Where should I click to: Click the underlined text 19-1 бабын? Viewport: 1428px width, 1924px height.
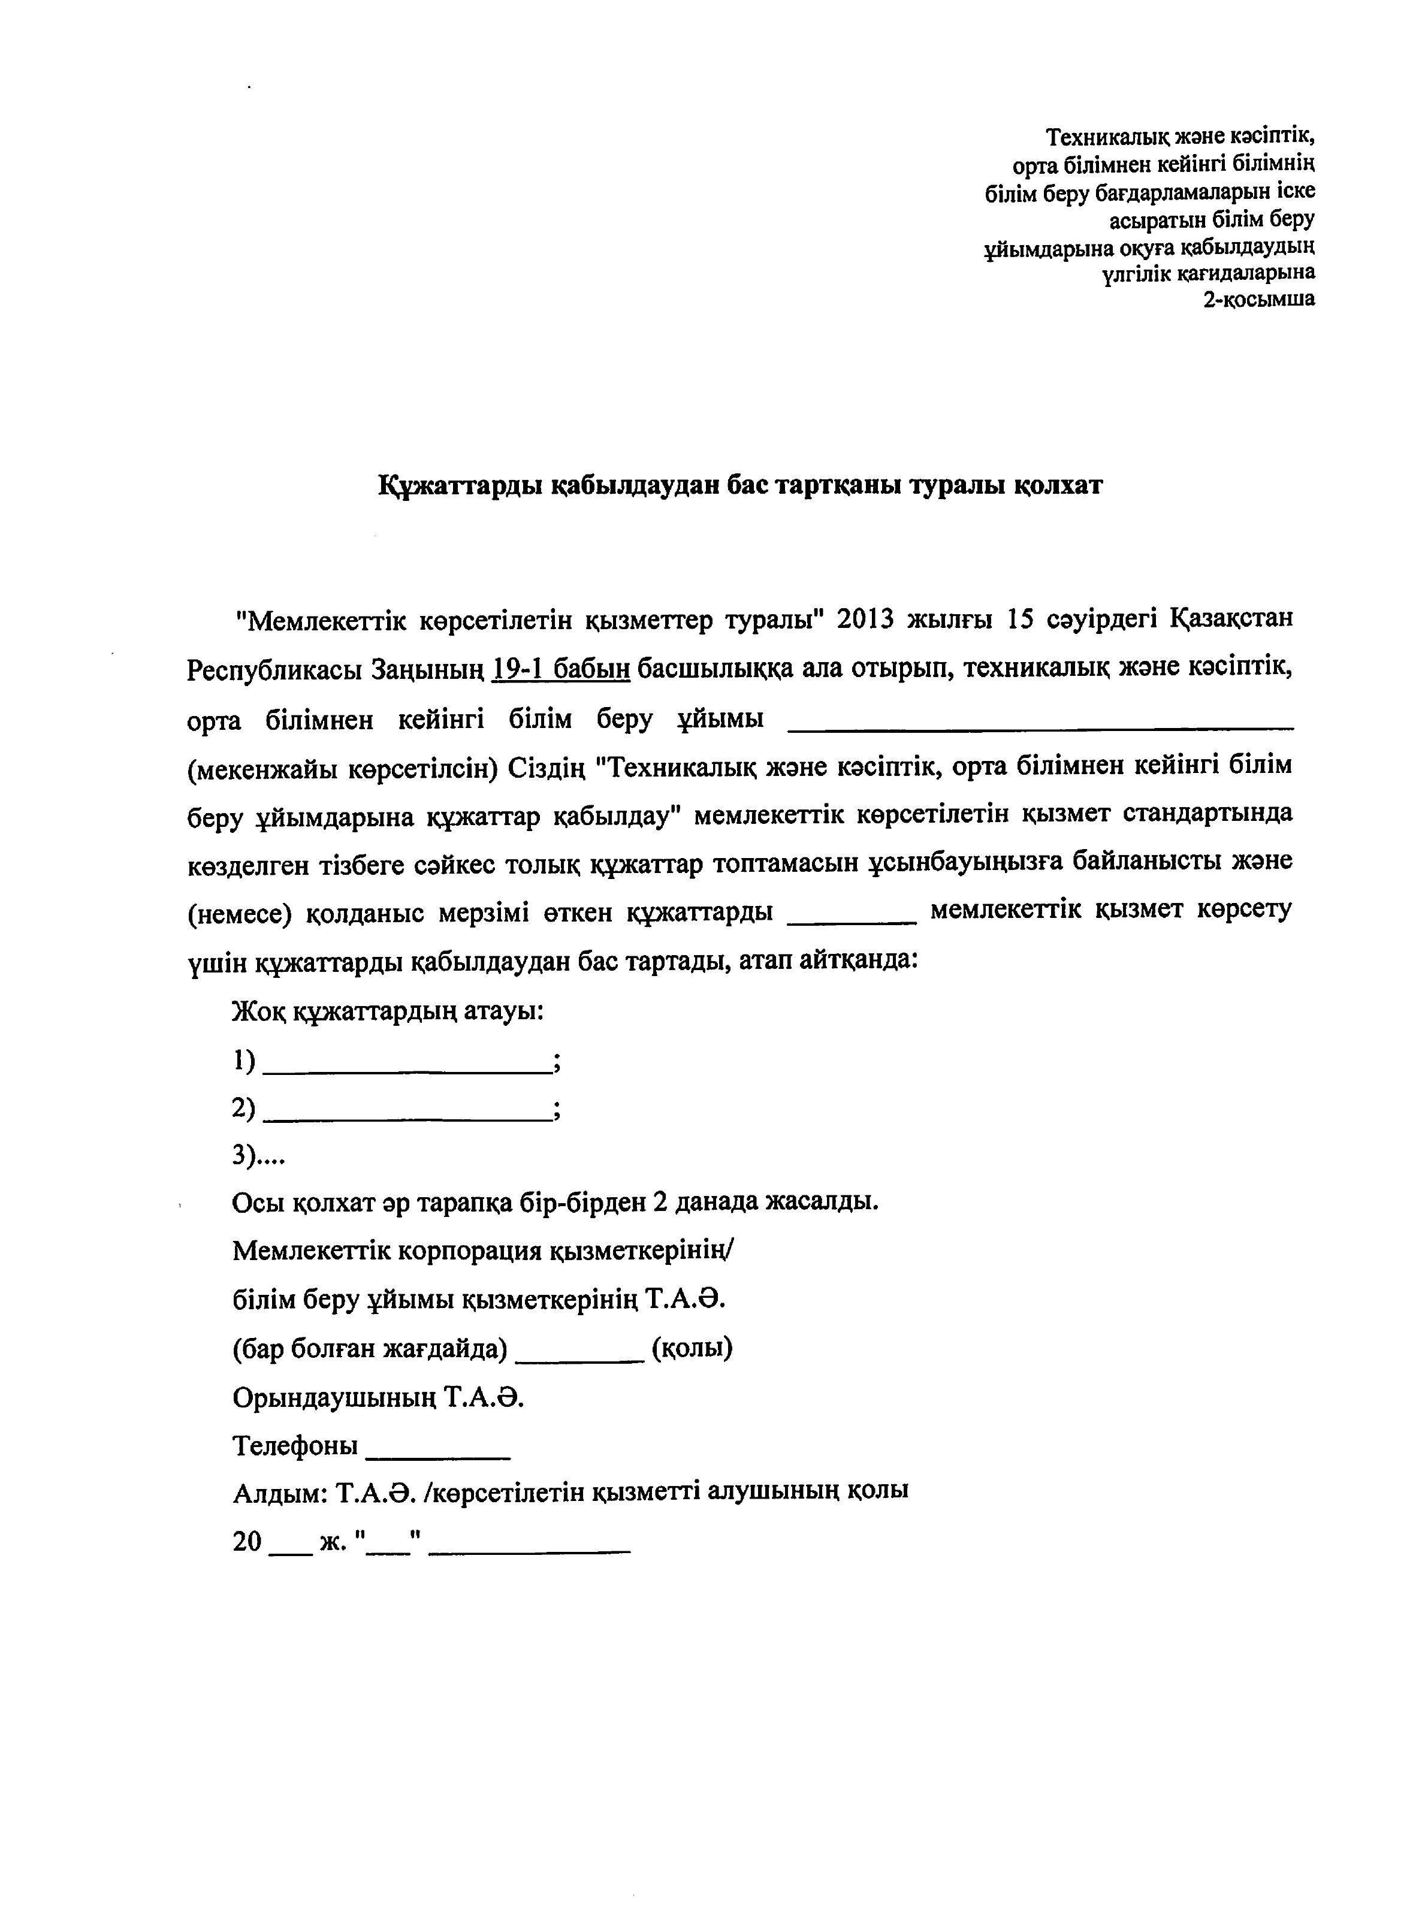click(x=560, y=669)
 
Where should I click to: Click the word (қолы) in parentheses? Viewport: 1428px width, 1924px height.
click(x=692, y=1348)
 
